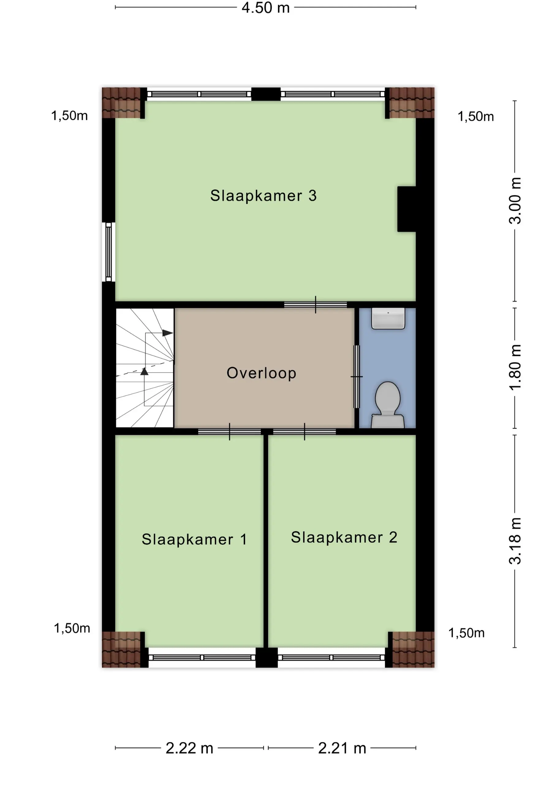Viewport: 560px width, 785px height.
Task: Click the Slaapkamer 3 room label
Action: point(263,196)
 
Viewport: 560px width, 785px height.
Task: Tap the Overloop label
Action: point(261,373)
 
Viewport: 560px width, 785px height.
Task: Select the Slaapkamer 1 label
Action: point(194,539)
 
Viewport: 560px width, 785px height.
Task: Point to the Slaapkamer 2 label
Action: point(344,537)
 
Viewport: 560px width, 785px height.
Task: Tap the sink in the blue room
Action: point(388,318)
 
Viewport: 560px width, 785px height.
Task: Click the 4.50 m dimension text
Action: point(266,8)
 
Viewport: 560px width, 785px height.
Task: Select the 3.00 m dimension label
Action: point(515,201)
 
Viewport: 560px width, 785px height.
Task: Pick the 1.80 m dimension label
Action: point(515,367)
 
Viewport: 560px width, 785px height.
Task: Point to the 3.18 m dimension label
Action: point(515,541)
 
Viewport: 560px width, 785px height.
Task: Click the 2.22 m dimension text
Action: point(189,748)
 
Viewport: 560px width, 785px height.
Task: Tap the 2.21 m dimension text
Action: point(342,748)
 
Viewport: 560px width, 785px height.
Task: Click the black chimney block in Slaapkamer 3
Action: point(407,209)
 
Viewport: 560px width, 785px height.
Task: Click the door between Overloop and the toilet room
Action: point(357,377)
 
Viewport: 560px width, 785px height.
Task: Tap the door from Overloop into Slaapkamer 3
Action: point(316,305)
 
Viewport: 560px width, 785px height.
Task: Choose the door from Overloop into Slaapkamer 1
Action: point(230,432)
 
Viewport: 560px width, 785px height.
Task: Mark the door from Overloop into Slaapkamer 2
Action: point(305,432)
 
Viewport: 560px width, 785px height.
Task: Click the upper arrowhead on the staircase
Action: point(168,333)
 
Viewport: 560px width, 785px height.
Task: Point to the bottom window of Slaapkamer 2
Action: point(331,658)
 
